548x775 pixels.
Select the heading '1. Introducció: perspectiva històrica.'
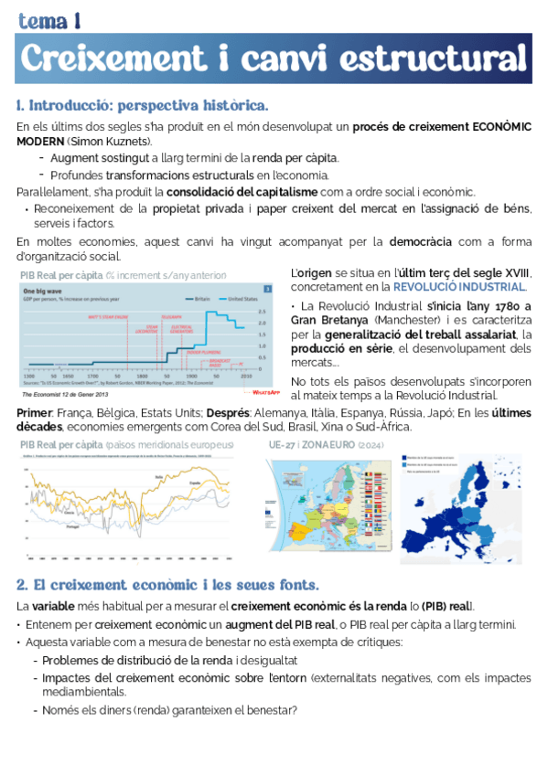[142, 105]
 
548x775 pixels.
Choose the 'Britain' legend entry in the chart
[203, 298]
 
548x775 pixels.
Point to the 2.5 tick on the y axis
[262, 310]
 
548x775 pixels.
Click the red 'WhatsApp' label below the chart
[266, 391]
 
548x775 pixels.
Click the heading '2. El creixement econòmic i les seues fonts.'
[167, 584]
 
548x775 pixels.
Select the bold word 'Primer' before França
[34, 412]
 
